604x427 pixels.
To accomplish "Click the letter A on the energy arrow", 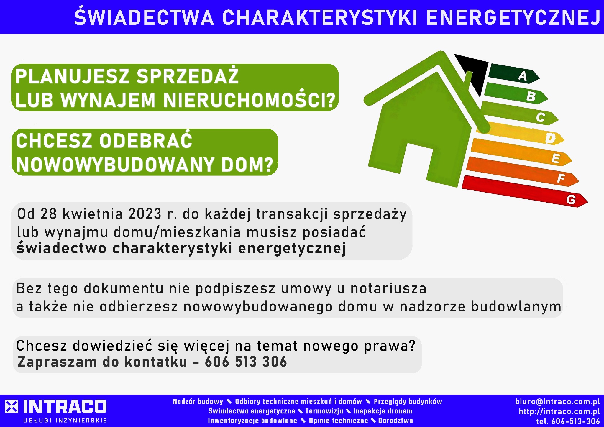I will coord(522,76).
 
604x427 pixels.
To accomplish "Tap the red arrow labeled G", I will coord(525,192).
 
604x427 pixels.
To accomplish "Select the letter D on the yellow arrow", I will coord(550,138).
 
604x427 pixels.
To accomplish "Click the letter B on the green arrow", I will coord(531,96).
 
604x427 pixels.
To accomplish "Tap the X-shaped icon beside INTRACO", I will coord(12,407).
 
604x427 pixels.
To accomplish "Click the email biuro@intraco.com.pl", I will coord(557,402).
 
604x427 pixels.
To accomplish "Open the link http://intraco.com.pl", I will coord(559,411).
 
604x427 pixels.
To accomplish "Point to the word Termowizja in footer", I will coord(324,411).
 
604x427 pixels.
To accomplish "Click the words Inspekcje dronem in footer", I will coord(383,411).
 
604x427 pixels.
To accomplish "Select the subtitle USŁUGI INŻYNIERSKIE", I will coord(65,421).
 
